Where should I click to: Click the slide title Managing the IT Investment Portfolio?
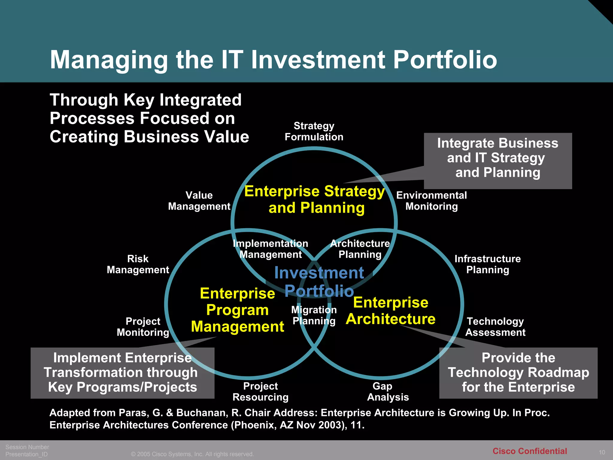pyautogui.click(x=273, y=60)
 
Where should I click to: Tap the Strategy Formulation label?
pyautogui.click(x=314, y=131)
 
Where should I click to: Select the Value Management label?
pyautogui.click(x=199, y=201)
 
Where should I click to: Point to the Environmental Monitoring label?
pyautogui.click(x=431, y=201)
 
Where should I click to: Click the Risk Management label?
pyautogui.click(x=138, y=264)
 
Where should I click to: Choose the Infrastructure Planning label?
pyautogui.click(x=488, y=264)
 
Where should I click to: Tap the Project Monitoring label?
pyautogui.click(x=143, y=327)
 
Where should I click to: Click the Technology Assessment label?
pyautogui.click(x=495, y=327)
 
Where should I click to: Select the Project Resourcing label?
pyautogui.click(x=260, y=391)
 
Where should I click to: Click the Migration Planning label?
pyautogui.click(x=314, y=315)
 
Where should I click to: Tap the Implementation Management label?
pyautogui.click(x=271, y=249)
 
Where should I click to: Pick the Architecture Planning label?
pyautogui.click(x=360, y=249)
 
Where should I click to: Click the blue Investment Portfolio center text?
pyautogui.click(x=319, y=282)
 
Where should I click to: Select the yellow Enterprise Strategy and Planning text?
pyautogui.click(x=315, y=199)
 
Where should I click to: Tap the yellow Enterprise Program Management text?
pyautogui.click(x=237, y=310)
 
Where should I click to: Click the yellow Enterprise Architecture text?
pyautogui.click(x=391, y=311)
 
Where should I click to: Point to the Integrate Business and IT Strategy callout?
pyautogui.click(x=498, y=158)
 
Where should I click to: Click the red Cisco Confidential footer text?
pyautogui.click(x=529, y=451)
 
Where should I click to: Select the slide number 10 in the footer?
pyautogui.click(x=602, y=452)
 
